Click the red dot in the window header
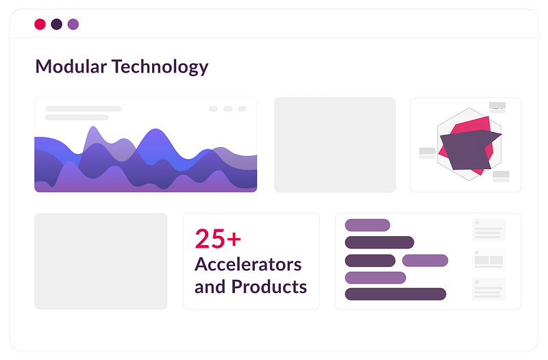pos(40,25)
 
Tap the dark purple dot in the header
pos(57,25)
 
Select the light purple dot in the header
pos(73,25)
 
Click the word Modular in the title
pos(71,66)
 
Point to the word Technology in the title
pos(160,67)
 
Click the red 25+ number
pos(218,239)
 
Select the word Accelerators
pos(248,264)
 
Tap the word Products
pos(269,286)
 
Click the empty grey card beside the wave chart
pos(335,145)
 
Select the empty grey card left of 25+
pos(101,261)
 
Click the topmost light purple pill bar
pos(367,225)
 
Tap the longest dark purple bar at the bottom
pos(395,294)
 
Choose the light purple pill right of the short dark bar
pos(425,261)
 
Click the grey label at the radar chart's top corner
pos(497,106)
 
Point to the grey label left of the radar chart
pos(427,151)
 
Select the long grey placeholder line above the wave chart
pos(83,109)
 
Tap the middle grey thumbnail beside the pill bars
pos(488,259)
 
